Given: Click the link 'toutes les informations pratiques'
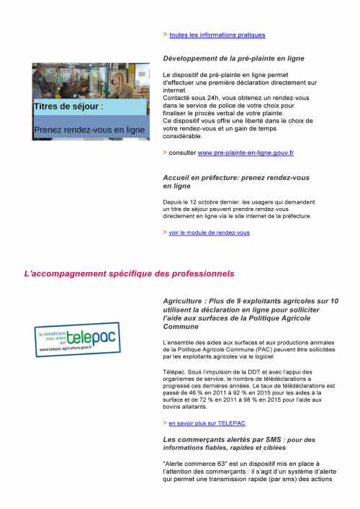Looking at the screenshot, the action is click(217, 35).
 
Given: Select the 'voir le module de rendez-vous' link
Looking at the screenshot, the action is click(210, 233).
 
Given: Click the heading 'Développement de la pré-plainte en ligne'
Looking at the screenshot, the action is click(233, 58).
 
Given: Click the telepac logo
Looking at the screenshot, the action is click(78, 337).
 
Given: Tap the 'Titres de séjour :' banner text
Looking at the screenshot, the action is click(69, 107).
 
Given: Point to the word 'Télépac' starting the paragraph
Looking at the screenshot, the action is click(174, 371).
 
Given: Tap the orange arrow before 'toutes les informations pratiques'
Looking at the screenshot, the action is click(165, 34).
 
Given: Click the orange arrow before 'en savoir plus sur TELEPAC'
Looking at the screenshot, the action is click(165, 423).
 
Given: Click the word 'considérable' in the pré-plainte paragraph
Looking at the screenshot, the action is click(184, 136).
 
